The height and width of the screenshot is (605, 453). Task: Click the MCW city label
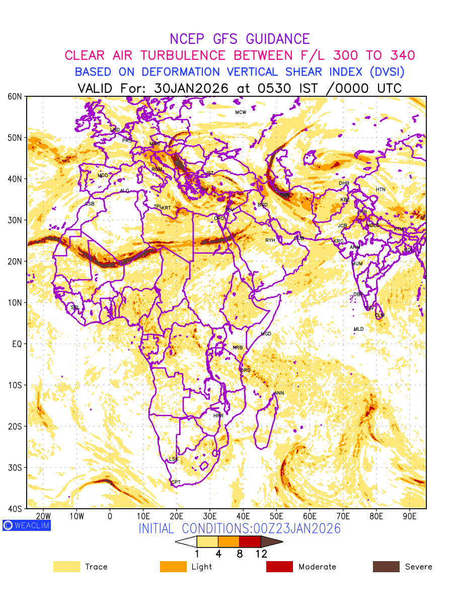[x=241, y=112]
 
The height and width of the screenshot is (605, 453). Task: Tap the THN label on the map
[x=285, y=195]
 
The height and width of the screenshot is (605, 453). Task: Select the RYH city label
[x=270, y=240]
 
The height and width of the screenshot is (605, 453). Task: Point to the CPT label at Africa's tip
[x=176, y=482]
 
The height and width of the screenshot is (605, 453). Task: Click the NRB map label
[x=238, y=348]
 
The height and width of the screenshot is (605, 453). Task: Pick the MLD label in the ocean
[x=358, y=329]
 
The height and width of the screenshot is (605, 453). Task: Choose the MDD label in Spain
[x=103, y=175]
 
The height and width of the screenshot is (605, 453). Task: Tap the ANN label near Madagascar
[x=279, y=393]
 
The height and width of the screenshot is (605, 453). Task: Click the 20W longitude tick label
[x=43, y=516]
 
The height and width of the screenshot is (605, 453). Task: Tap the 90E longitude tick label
[x=410, y=516]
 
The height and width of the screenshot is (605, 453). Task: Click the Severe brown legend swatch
[x=386, y=567]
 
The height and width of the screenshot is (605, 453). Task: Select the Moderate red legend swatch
[x=279, y=567]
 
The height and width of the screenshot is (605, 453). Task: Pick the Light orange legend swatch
[x=173, y=567]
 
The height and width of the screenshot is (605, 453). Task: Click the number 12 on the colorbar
[x=261, y=554]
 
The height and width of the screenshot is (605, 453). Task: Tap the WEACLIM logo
[x=26, y=525]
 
